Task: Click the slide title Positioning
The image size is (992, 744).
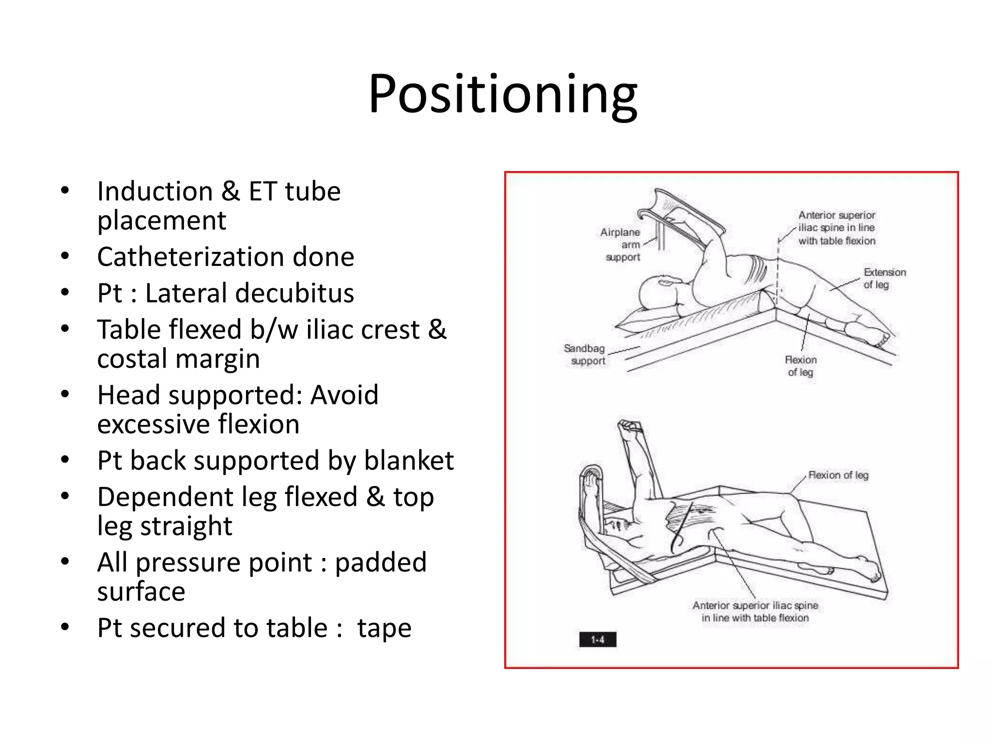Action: click(x=502, y=94)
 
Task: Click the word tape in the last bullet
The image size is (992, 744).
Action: click(x=384, y=628)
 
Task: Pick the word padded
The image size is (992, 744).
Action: click(x=381, y=562)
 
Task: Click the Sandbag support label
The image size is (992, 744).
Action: click(x=585, y=355)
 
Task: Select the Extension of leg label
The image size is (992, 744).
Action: click(x=884, y=279)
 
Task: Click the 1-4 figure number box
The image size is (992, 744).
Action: click(x=598, y=640)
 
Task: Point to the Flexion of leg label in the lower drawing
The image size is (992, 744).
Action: click(x=838, y=475)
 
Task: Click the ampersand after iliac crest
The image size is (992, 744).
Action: click(x=437, y=329)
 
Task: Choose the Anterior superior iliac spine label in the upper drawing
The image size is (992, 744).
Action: click(x=837, y=228)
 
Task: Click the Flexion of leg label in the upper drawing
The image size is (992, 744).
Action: click(x=801, y=366)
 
